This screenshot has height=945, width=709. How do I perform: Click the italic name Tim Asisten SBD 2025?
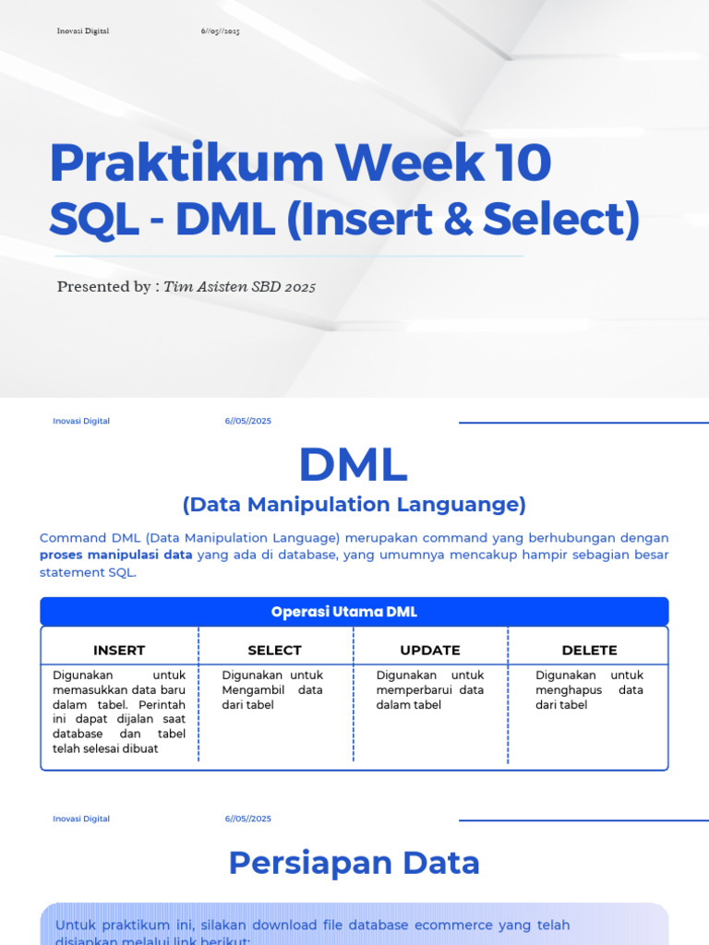pyautogui.click(x=240, y=287)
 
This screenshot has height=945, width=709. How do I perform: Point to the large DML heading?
pyautogui.click(x=354, y=464)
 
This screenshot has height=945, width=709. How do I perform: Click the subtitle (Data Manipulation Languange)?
pyautogui.click(x=354, y=504)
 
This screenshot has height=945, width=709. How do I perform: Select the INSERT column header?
pyautogui.click(x=119, y=650)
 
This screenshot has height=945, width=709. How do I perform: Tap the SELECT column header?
pyautogui.click(x=275, y=650)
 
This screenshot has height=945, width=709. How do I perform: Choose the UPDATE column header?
pyautogui.click(x=430, y=650)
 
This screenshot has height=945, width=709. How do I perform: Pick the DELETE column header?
pyautogui.click(x=589, y=650)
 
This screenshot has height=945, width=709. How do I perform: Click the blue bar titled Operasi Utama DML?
pyautogui.click(x=354, y=612)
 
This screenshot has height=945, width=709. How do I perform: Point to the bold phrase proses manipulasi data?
pyautogui.click(x=116, y=555)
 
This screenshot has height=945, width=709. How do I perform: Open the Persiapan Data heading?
pyautogui.click(x=354, y=863)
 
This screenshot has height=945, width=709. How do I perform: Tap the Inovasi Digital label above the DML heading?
pyautogui.click(x=81, y=421)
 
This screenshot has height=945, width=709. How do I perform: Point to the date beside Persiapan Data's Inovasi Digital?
pyautogui.click(x=248, y=819)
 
